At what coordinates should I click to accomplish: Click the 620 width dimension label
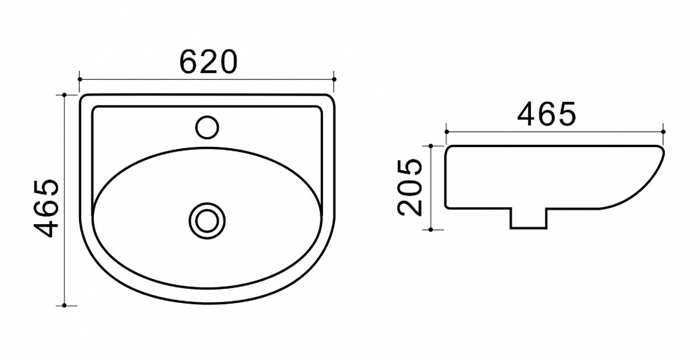click(208, 62)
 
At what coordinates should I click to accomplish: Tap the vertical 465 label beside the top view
click(47, 208)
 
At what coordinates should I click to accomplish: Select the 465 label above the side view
click(546, 114)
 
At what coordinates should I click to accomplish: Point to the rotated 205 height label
click(409, 187)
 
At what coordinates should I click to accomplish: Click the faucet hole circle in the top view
click(207, 127)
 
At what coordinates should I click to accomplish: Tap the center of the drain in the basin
click(207, 221)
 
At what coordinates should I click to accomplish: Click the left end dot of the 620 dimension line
click(80, 79)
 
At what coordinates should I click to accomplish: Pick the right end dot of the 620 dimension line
click(334, 79)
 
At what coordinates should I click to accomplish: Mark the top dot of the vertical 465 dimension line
click(64, 95)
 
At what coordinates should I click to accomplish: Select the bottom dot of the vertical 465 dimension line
click(64, 305)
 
